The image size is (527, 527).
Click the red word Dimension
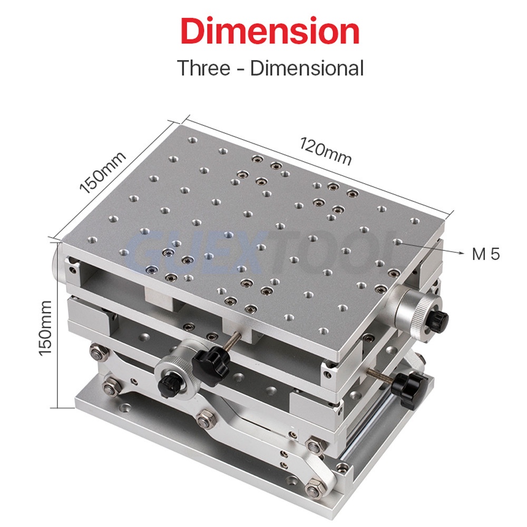[x=270, y=31]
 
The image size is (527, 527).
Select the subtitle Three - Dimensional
[x=270, y=68]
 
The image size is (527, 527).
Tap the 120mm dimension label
[x=325, y=151]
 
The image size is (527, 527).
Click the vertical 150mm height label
[x=45, y=328]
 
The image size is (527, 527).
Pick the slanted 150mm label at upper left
[x=103, y=172]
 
